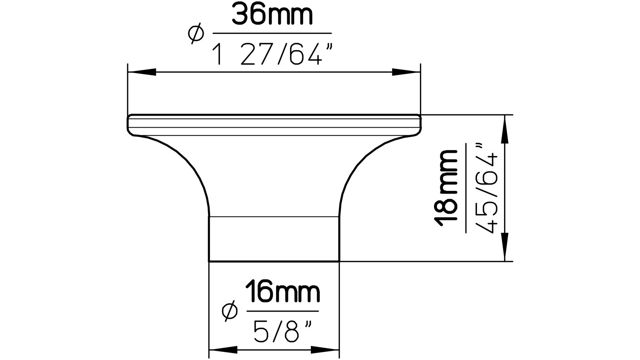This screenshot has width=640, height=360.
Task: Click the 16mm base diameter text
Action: coord(282,293)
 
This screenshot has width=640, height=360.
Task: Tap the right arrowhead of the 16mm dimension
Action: coord(325,350)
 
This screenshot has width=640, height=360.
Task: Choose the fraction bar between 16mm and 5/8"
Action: coord(282,311)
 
